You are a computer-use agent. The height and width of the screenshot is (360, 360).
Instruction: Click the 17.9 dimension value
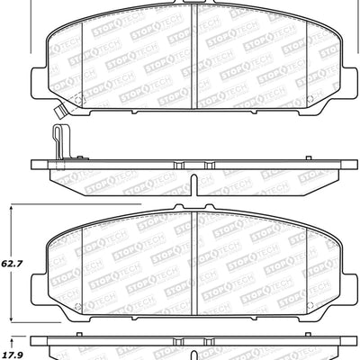pos(12,340)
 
